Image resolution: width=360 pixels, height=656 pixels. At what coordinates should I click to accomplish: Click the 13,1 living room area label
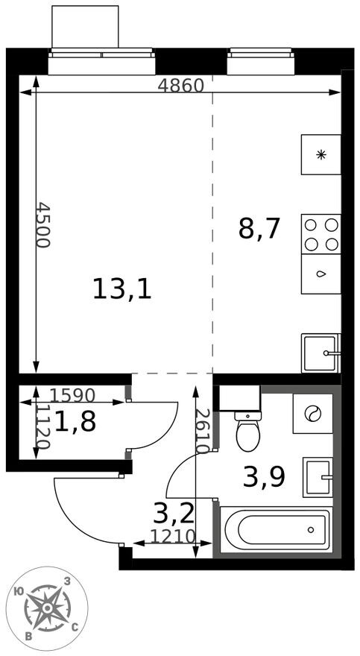[121, 289]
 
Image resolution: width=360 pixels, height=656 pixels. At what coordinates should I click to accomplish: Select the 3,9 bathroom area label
[264, 477]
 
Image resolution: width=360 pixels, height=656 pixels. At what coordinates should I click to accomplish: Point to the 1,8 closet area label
[75, 422]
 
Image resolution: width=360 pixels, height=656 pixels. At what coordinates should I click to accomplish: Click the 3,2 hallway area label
[174, 514]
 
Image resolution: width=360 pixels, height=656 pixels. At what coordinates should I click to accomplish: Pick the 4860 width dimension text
[180, 86]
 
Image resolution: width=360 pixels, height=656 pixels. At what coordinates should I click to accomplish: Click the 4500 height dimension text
[42, 224]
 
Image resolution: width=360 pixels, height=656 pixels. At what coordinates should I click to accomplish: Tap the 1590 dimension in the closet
[73, 394]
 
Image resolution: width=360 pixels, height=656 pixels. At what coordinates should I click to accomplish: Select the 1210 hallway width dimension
[173, 536]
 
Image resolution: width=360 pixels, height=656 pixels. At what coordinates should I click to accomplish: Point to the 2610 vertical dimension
[202, 431]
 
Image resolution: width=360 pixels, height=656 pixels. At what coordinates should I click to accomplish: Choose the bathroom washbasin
[318, 477]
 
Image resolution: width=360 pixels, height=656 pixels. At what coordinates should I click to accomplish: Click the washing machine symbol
[313, 414]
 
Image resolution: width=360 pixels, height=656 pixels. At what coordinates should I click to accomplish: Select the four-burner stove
[321, 235]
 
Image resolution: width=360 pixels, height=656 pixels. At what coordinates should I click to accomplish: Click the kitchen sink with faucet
[321, 353]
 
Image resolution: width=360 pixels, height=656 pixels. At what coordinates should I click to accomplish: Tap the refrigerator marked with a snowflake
[321, 155]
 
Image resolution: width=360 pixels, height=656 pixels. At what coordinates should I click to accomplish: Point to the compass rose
[47, 608]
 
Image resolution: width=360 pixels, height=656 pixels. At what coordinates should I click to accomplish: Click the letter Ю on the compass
[19, 592]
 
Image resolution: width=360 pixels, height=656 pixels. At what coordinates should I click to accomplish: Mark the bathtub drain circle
[311, 530]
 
